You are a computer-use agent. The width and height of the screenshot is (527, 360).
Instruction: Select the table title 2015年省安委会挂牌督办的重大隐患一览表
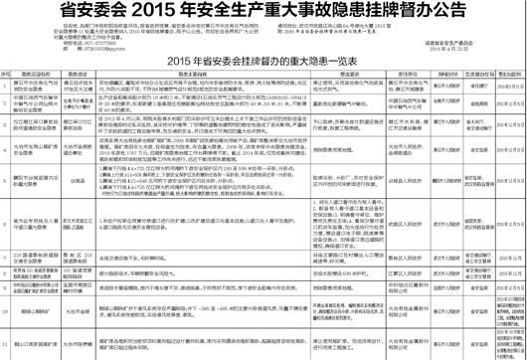263,62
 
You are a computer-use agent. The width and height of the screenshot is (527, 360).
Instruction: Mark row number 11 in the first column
7,344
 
